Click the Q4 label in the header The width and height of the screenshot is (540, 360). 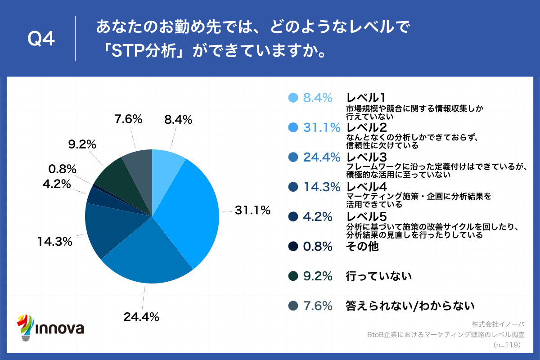[41, 40]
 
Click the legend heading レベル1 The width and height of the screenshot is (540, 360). [366, 98]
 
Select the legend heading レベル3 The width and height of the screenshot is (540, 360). [366, 157]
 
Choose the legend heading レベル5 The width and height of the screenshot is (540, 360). [366, 216]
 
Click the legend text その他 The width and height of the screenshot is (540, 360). [362, 247]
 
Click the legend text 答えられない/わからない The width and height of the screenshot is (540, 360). [410, 306]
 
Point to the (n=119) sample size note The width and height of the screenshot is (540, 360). [507, 345]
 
